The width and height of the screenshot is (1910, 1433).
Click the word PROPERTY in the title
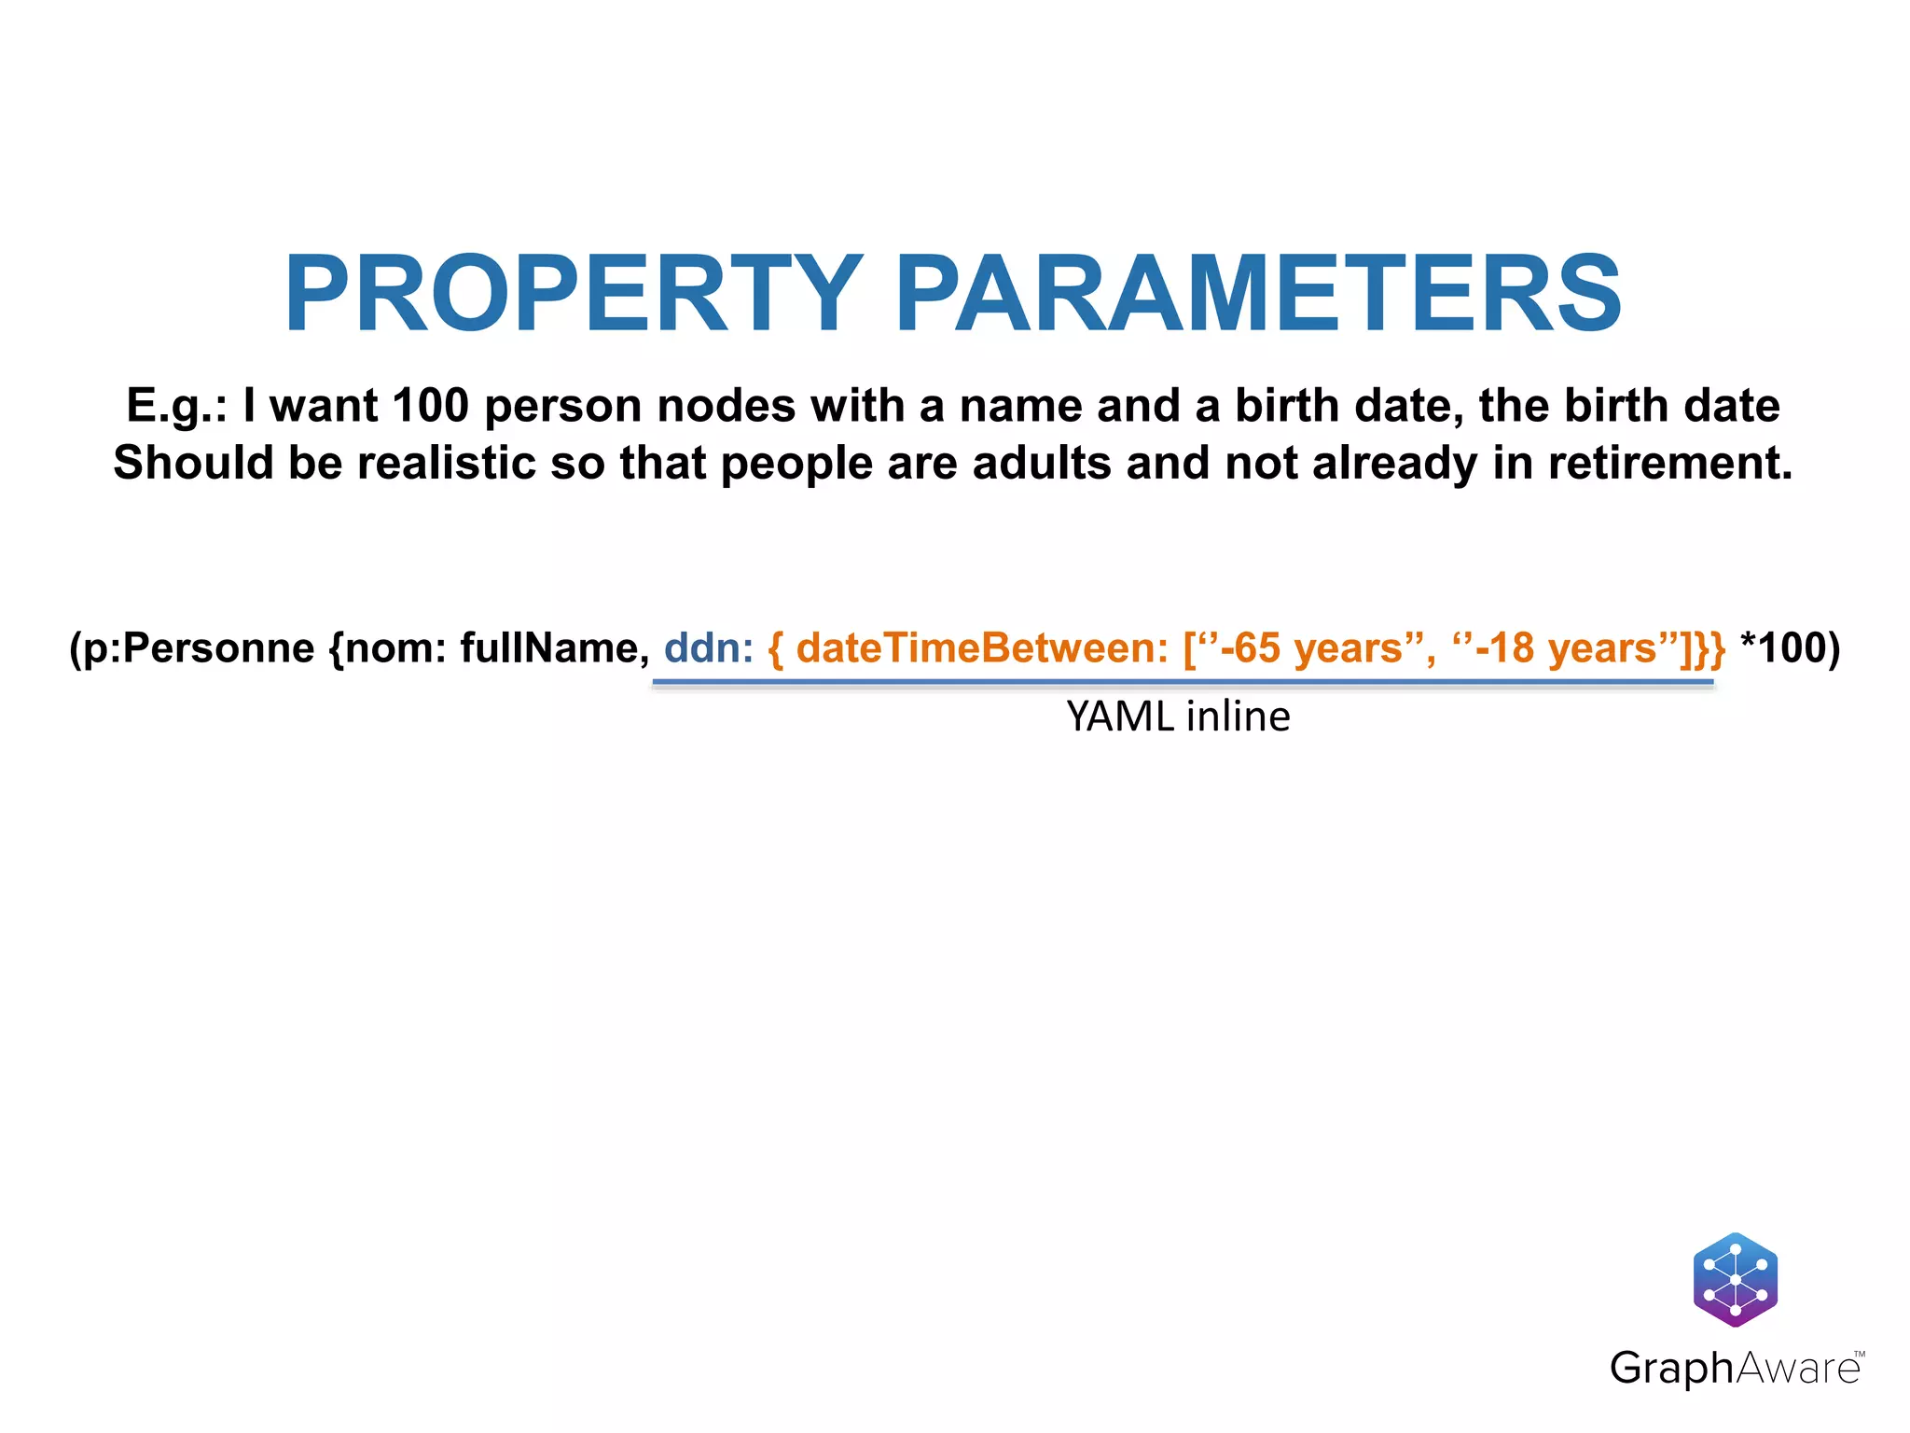pos(573,294)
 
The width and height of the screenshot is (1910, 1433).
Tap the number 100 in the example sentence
pos(430,406)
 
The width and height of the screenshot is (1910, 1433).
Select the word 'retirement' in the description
pos(1668,463)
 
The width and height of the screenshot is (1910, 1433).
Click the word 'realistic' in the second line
pos(447,463)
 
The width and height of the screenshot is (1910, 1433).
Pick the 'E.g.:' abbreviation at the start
pos(176,406)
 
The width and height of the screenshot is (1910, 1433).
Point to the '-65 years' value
pos(1317,648)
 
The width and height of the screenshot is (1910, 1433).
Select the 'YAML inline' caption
pos(1178,716)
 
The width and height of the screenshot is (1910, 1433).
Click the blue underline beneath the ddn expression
pos(1183,683)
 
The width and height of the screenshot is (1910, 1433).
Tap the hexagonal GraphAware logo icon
pos(1735,1280)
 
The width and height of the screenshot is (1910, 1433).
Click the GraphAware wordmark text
pos(1735,1369)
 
